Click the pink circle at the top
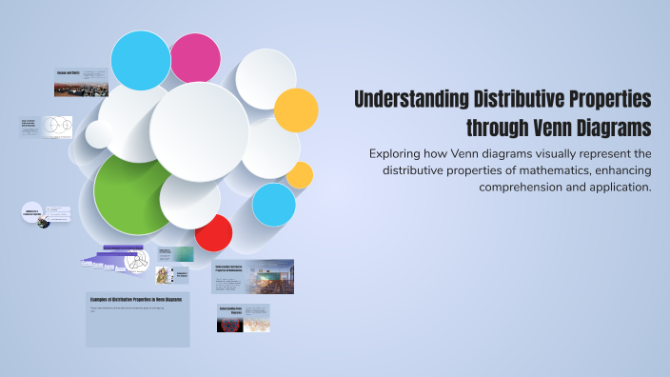tap(195, 58)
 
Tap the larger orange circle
tap(296, 110)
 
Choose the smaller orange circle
tap(300, 175)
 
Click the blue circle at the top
tap(141, 60)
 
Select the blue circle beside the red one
tap(274, 205)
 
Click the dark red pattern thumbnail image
tap(230, 324)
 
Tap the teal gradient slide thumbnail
tap(184, 254)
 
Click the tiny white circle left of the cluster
tap(99, 134)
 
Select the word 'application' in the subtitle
tap(615, 187)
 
